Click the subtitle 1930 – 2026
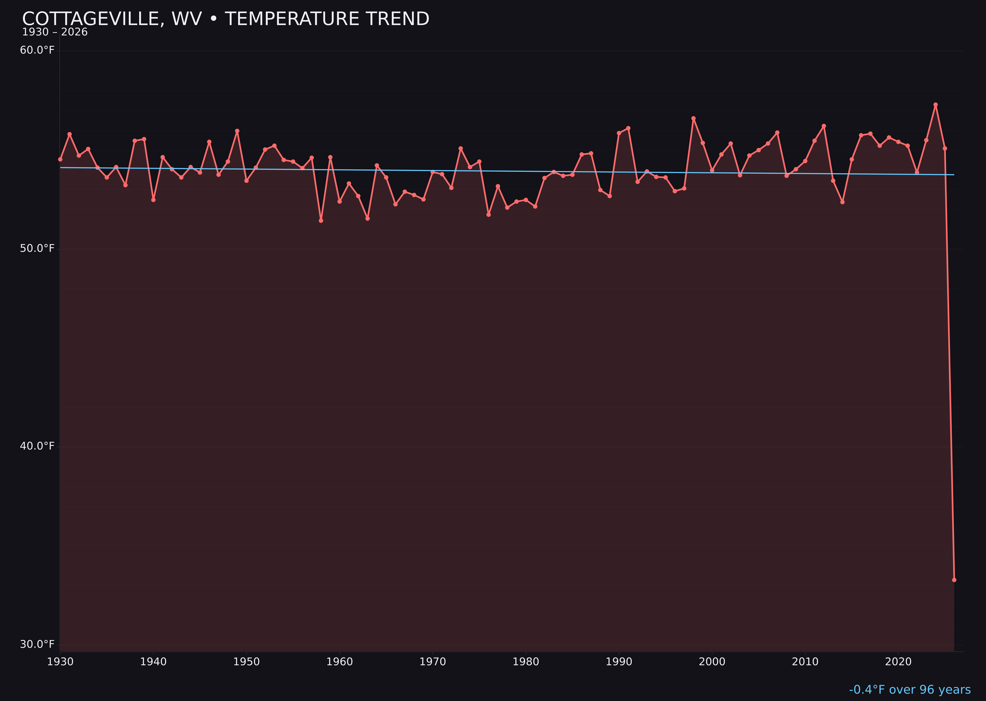coord(55,32)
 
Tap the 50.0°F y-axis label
coord(37,249)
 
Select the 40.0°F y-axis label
coord(37,446)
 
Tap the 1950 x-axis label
coord(246,662)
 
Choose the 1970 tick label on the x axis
coord(433,662)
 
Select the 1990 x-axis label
coord(619,662)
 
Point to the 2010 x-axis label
coord(805,662)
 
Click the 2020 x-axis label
coord(898,662)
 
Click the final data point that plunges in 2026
coord(954,580)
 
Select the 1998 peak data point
coord(693,118)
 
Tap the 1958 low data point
coord(321,221)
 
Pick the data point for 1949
coord(237,131)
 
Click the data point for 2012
coord(824,126)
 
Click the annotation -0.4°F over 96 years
coord(910,690)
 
